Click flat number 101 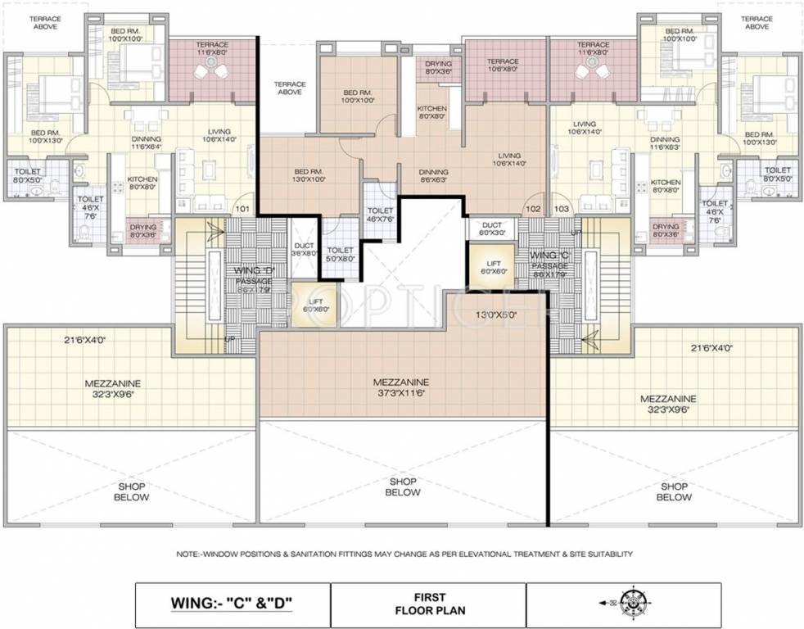point(242,209)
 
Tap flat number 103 point(562,209)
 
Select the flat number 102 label point(534,209)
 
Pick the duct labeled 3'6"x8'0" point(303,249)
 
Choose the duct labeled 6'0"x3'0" point(492,229)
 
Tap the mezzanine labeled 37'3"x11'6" point(402,387)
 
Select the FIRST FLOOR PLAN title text point(428,604)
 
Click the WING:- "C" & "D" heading point(231,604)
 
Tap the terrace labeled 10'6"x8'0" point(503,66)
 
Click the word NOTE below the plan point(190,554)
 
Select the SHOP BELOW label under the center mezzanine point(402,487)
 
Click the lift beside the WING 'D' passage point(312,304)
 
